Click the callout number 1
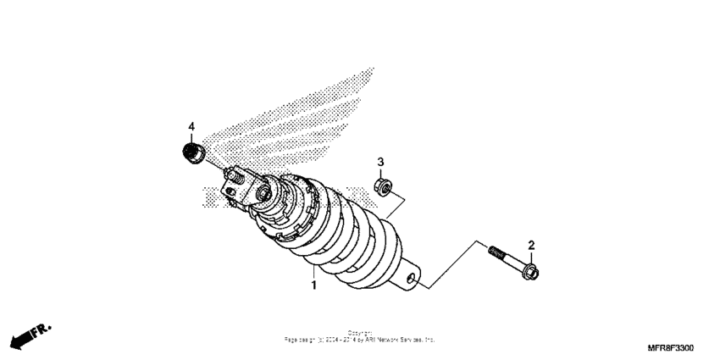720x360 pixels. [x=313, y=286]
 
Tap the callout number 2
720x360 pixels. [x=531, y=246]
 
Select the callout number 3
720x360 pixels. [x=381, y=161]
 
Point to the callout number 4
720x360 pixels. [x=191, y=127]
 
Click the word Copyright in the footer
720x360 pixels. [x=360, y=333]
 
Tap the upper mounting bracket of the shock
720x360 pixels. [x=235, y=190]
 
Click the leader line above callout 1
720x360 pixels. [x=313, y=273]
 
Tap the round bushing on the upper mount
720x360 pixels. [x=263, y=196]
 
